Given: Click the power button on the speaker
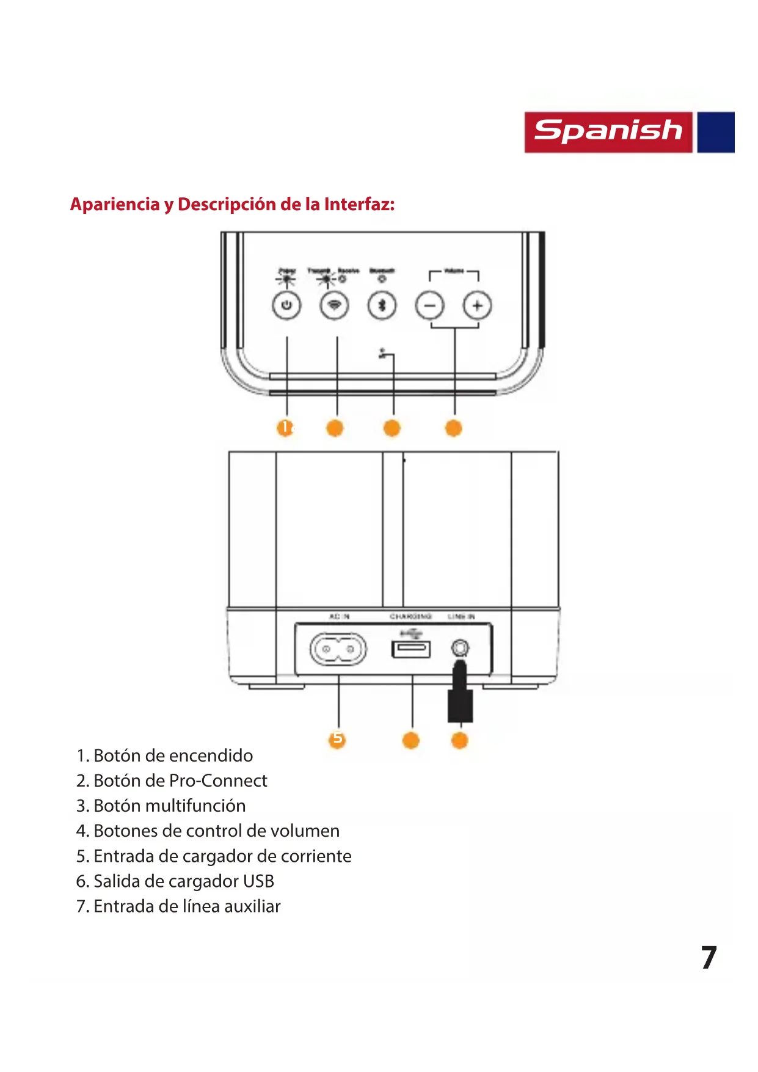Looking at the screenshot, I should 286,305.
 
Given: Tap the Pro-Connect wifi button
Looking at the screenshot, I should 334,305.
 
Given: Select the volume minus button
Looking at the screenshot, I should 430,305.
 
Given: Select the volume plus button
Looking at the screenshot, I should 477,305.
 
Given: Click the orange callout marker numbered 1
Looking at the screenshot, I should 285,428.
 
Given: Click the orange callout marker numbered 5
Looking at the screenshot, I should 337,740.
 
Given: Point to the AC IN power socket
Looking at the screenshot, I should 338,649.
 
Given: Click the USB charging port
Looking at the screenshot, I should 411,648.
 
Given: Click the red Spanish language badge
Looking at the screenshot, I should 608,132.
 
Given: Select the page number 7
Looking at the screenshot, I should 709,958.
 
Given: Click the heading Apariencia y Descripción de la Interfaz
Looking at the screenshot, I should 232,204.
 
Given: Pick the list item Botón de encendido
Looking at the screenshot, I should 165,756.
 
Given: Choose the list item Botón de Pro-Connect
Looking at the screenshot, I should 172,781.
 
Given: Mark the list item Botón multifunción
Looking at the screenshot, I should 161,806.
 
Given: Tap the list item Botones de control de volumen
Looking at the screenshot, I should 208,831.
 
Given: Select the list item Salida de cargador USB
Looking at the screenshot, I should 175,881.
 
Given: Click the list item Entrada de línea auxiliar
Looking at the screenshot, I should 178,906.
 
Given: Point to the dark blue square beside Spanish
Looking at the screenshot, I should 716,132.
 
